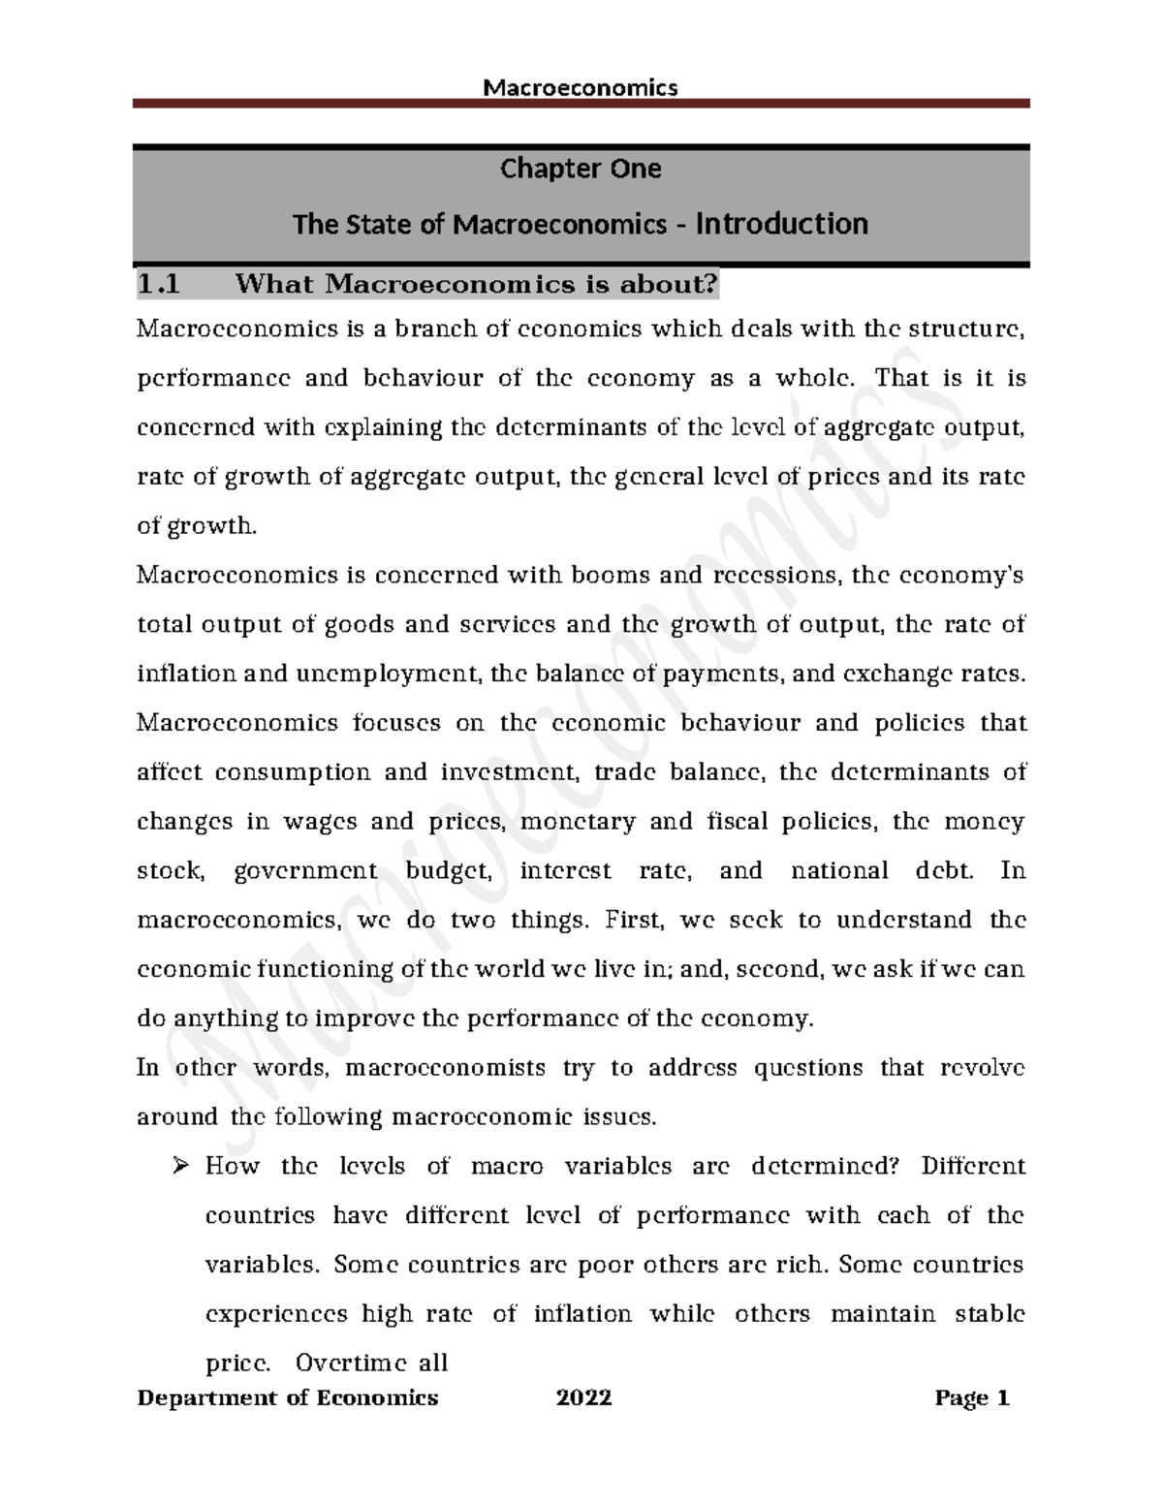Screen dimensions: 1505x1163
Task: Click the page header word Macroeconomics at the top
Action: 580,88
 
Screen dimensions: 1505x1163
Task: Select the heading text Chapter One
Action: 580,169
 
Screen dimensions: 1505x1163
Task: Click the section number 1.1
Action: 159,285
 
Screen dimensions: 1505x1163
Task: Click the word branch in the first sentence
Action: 434,329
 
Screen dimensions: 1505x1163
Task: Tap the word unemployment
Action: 400,674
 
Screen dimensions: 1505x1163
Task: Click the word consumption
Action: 292,772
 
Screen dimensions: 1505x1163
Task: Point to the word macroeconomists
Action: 445,1068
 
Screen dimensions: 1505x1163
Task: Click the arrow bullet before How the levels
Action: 180,1166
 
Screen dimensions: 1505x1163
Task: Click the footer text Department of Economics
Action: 287,1397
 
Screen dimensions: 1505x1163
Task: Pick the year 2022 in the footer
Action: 583,1397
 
